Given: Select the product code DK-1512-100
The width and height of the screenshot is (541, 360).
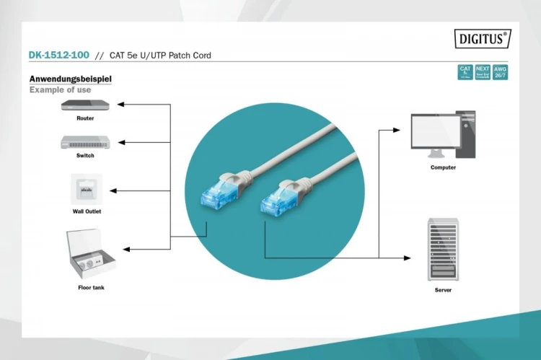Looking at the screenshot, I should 58,55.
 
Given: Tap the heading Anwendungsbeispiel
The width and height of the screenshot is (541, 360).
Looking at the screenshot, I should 70,79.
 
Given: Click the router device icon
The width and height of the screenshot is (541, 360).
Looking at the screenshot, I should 85,105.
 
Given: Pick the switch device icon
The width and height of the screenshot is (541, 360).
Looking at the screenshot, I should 85,142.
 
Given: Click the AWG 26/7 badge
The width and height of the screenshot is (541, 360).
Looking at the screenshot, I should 500,72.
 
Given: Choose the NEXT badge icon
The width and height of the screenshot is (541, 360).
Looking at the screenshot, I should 483,72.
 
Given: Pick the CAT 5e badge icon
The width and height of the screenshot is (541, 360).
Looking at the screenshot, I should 465,72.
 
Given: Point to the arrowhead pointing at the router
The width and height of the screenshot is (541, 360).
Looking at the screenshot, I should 121,105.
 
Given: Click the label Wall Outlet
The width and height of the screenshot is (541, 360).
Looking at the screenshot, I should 87,211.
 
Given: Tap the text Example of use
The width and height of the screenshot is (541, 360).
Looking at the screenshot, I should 60,90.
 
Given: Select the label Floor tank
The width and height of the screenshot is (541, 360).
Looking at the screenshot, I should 91,288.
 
